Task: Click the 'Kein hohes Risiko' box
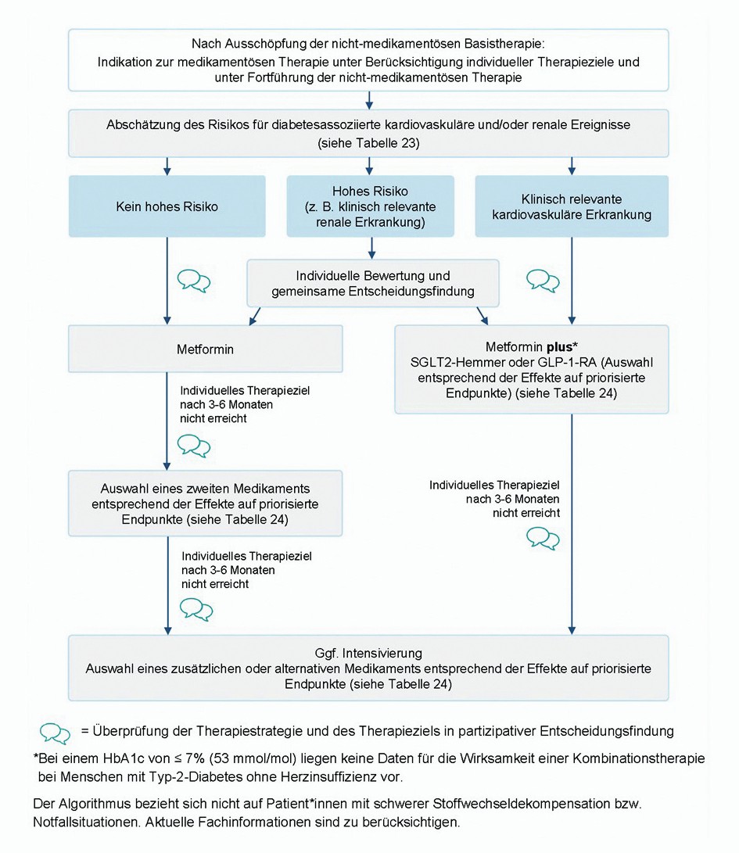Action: (x=167, y=206)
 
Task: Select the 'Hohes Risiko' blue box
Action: (x=370, y=206)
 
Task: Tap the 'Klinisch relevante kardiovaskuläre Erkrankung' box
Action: (x=572, y=206)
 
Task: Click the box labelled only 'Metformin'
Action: (x=205, y=349)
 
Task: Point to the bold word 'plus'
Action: (x=560, y=346)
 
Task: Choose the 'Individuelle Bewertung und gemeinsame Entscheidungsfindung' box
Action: (x=373, y=283)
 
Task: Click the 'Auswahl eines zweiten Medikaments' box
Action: (x=205, y=504)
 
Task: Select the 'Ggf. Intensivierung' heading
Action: (x=368, y=653)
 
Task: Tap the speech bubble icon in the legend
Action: (x=55, y=733)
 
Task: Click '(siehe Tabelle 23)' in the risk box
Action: (x=368, y=143)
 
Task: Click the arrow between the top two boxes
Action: (x=369, y=100)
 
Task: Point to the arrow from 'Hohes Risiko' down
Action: (x=371, y=248)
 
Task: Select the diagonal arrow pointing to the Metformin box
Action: (x=255, y=317)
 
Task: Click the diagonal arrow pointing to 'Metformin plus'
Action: (x=483, y=316)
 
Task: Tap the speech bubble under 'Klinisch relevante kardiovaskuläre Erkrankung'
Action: (x=543, y=281)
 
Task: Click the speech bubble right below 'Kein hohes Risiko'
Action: (x=194, y=281)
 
